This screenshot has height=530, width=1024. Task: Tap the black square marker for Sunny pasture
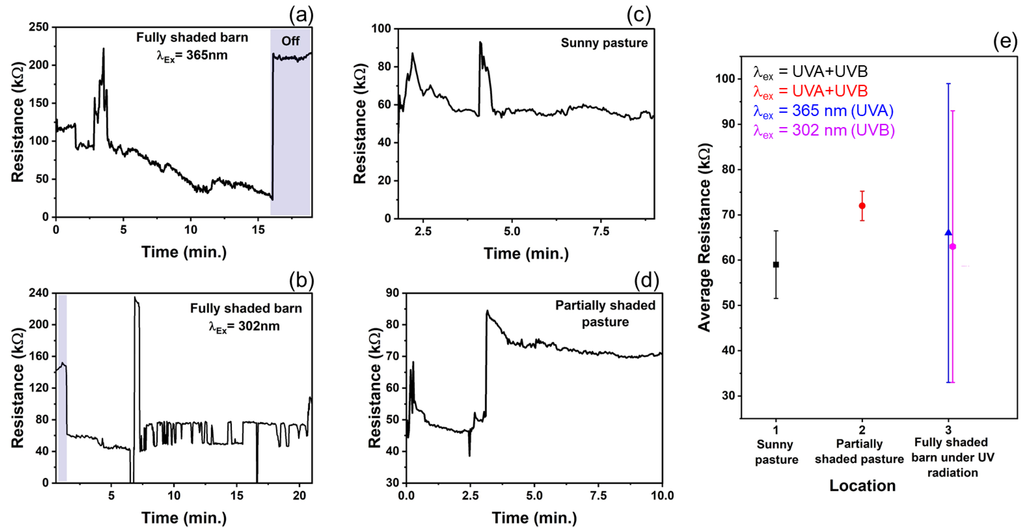click(776, 265)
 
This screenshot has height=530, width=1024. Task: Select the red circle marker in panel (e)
click(862, 206)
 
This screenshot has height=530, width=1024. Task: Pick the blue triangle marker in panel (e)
click(948, 232)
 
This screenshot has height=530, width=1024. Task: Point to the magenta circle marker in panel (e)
click(953, 247)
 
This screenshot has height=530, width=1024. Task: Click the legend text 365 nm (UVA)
click(842, 111)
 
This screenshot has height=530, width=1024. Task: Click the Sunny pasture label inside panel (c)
click(604, 43)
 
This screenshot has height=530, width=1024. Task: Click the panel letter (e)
click(1005, 41)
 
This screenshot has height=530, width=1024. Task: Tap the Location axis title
click(862, 485)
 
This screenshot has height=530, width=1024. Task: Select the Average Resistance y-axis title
click(704, 237)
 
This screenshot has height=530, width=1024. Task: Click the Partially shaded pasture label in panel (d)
click(605, 314)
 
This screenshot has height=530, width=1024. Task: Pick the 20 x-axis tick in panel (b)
click(299, 496)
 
